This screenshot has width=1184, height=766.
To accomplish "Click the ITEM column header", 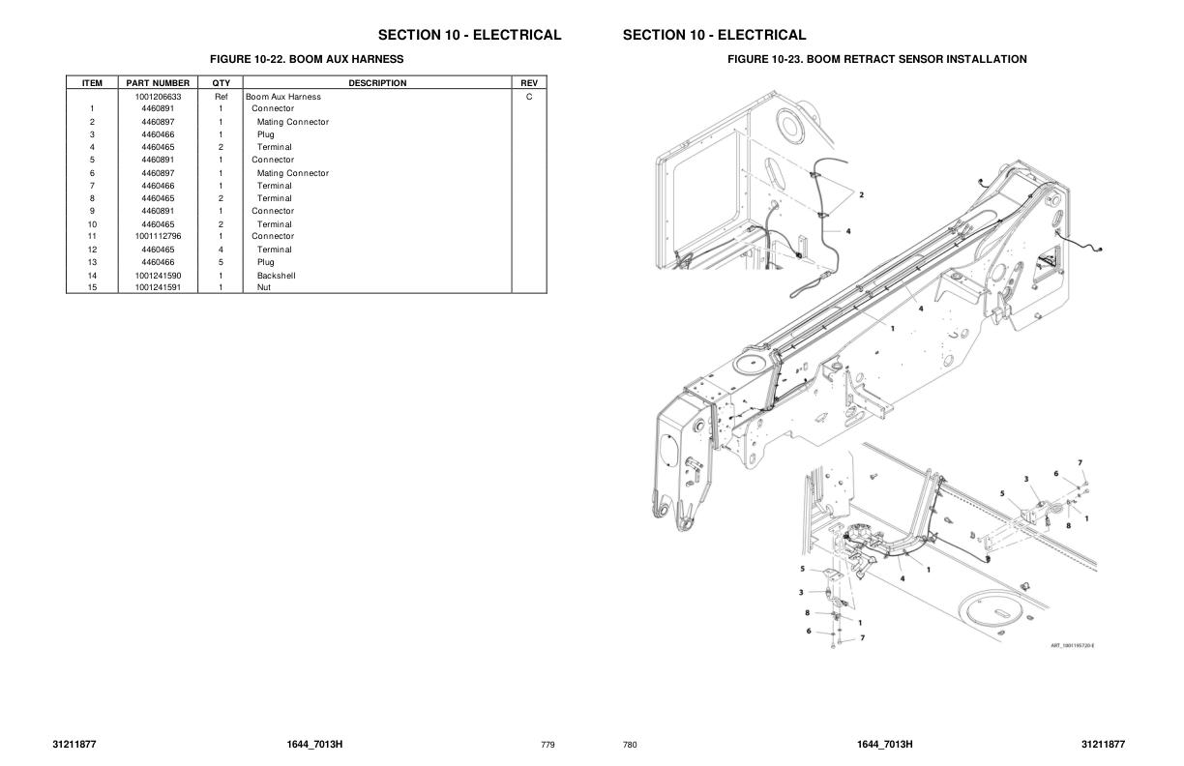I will (92, 83).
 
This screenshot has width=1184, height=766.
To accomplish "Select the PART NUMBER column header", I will (158, 83).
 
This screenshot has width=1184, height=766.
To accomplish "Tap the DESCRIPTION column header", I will (377, 83).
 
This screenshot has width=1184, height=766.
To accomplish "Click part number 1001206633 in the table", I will (158, 97).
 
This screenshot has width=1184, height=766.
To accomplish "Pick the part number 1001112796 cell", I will (158, 236).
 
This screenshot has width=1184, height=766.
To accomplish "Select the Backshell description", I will (276, 276).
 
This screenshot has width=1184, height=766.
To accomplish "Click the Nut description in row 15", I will (263, 287).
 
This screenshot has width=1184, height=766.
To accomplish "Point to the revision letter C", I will (529, 97).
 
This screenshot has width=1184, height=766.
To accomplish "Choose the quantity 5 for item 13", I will (221, 262).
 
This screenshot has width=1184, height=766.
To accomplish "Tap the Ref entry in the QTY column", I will (221, 97).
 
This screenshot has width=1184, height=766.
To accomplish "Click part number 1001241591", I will (158, 287).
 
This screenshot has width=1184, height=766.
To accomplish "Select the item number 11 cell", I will (92, 236).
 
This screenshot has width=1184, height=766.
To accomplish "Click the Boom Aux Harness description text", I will (283, 97).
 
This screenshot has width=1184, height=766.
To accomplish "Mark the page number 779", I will (548, 745).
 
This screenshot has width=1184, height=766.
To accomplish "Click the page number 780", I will (630, 745).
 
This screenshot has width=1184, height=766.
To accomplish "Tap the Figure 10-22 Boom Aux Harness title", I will (307, 59).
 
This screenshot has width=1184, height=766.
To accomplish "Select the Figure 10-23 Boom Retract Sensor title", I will (876, 60).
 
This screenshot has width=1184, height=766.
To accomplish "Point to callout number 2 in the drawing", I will (861, 194).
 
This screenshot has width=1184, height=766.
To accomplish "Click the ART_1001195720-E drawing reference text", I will (1072, 645).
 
